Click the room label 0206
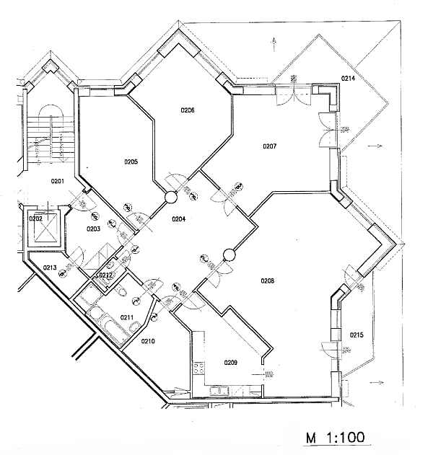click(x=188, y=110)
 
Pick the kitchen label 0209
click(x=231, y=362)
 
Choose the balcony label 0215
click(x=357, y=335)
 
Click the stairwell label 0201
click(x=58, y=180)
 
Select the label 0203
click(x=94, y=229)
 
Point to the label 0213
click(x=49, y=268)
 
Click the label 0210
click(x=148, y=340)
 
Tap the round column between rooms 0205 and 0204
click(x=171, y=197)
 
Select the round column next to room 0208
click(x=229, y=255)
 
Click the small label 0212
click(x=105, y=275)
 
